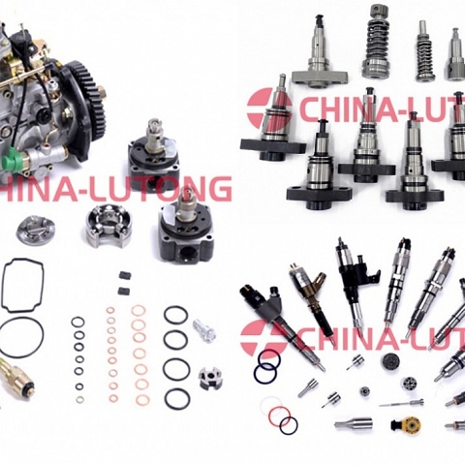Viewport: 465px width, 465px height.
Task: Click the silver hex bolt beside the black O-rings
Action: click(202, 330)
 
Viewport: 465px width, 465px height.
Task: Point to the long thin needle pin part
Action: click(401, 402)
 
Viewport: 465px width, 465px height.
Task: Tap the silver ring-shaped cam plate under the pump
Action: click(36, 230)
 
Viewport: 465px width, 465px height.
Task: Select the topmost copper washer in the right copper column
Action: click(138, 311)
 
